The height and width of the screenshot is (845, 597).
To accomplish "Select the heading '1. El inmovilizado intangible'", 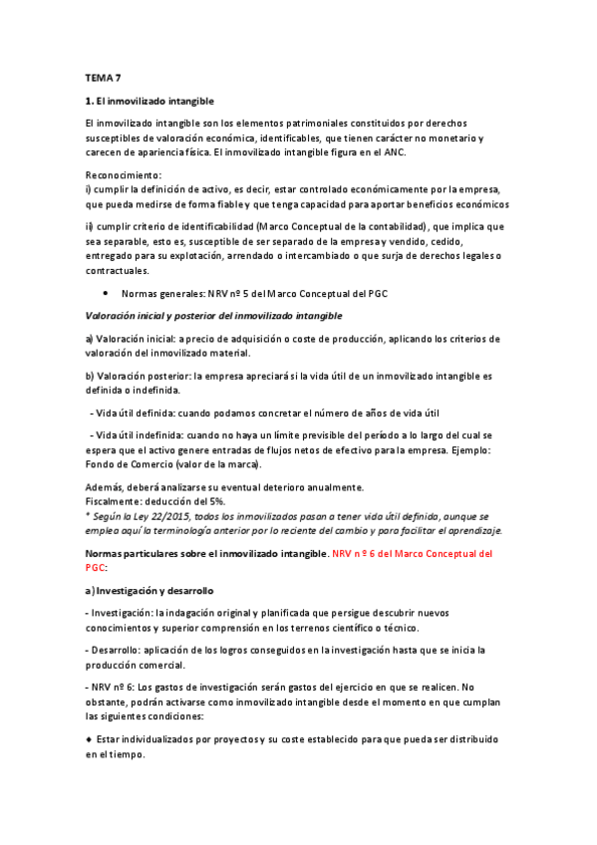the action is pyautogui.click(x=149, y=102).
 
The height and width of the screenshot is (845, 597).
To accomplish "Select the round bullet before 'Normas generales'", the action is pyautogui.click(x=106, y=294).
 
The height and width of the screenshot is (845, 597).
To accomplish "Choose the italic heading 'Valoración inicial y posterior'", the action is pyautogui.click(x=214, y=316).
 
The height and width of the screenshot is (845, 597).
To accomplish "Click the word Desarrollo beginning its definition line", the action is pyautogui.click(x=118, y=650).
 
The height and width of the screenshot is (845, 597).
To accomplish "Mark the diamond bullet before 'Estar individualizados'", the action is pyautogui.click(x=90, y=738).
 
